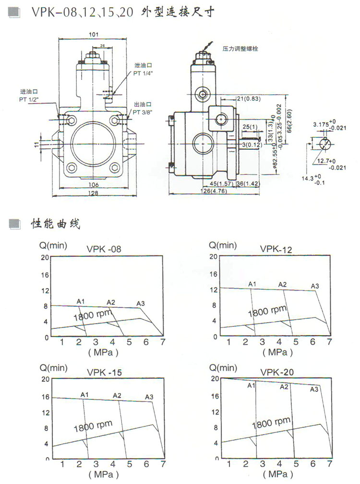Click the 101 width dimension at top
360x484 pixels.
click(x=94, y=35)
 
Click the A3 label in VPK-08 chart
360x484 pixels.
click(x=140, y=303)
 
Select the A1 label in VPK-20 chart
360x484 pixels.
click(x=251, y=386)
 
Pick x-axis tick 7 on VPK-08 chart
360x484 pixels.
click(x=162, y=341)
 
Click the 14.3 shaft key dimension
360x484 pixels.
click(x=308, y=178)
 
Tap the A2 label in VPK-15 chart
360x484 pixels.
click(x=117, y=395)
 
